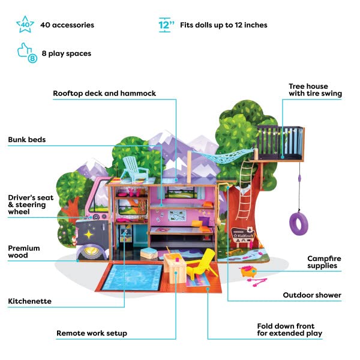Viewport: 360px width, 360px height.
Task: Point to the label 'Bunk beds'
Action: pyautogui.click(x=27, y=140)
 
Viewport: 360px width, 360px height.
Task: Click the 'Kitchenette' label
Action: pyautogui.click(x=29, y=301)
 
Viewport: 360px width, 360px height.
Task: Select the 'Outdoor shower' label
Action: pyautogui.click(x=312, y=295)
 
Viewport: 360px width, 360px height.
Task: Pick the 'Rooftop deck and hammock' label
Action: pyautogui.click(x=104, y=94)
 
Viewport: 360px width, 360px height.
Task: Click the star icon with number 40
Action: pyautogui.click(x=25, y=25)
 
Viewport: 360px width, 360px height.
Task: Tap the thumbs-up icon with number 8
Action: pyautogui.click(x=25, y=53)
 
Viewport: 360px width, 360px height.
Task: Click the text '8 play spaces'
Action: pyautogui.click(x=66, y=53)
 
